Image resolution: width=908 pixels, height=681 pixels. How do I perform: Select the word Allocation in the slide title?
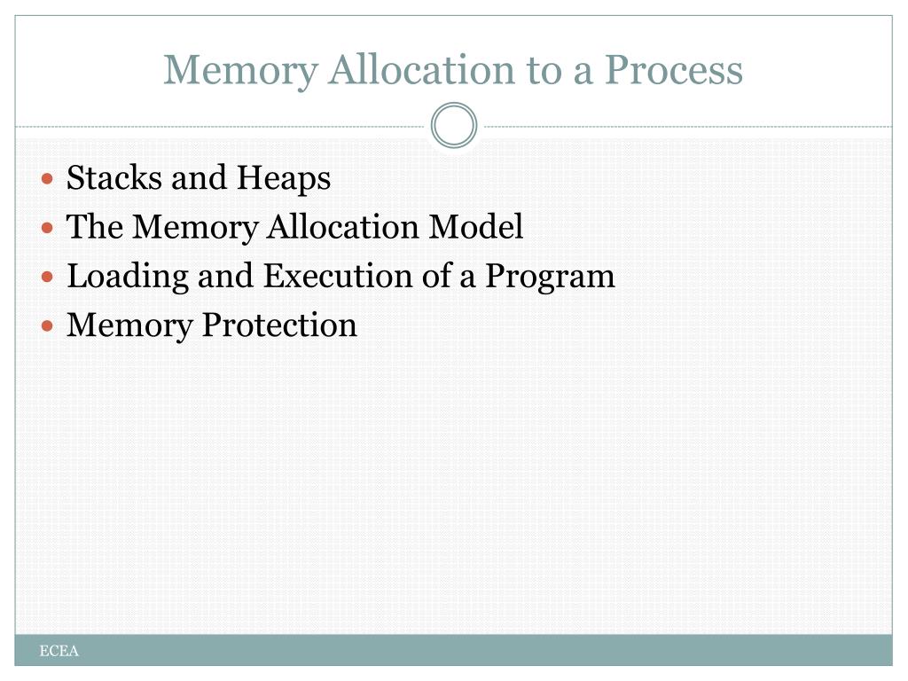[420, 70]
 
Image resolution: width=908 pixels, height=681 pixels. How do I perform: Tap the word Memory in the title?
[239, 70]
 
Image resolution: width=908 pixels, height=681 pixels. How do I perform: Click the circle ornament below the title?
[454, 126]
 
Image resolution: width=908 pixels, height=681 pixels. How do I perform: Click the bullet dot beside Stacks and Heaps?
[48, 179]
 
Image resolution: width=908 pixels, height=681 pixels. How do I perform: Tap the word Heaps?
[283, 178]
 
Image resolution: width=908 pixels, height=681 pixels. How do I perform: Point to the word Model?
[476, 227]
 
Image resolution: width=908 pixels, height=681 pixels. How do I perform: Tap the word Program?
[550, 277]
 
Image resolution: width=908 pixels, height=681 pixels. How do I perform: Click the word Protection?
[279, 325]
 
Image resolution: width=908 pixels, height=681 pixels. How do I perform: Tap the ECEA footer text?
[59, 652]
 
